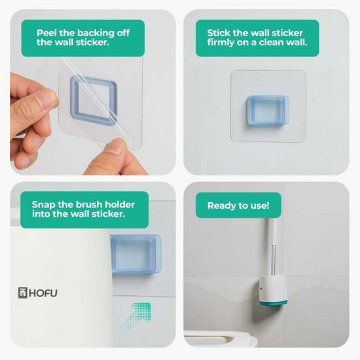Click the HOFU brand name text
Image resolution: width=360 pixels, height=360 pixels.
pos(43,293)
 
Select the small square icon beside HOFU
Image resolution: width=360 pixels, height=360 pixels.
pos(23,293)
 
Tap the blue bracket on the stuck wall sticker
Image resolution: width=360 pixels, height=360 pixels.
pos(268,111)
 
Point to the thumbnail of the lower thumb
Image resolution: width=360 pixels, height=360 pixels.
pos(116,146)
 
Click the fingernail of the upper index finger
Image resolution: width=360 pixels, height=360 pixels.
pos(46,98)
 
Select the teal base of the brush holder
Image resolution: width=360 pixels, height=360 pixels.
pos(274,303)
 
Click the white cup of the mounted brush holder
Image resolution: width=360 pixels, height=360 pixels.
pos(273,289)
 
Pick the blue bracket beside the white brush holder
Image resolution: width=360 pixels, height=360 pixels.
pos(136,255)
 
